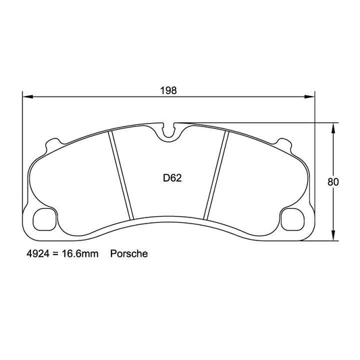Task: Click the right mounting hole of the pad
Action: (x=293, y=220)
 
